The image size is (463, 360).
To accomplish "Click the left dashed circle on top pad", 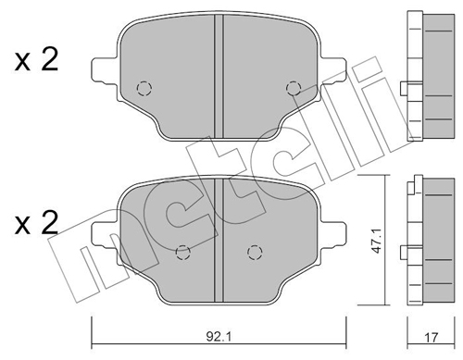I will click(x=143, y=88).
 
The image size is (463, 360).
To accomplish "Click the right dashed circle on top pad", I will click(x=294, y=88).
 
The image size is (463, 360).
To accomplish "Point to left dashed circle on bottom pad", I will click(x=182, y=250).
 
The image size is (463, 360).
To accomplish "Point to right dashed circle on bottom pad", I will click(x=254, y=250).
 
